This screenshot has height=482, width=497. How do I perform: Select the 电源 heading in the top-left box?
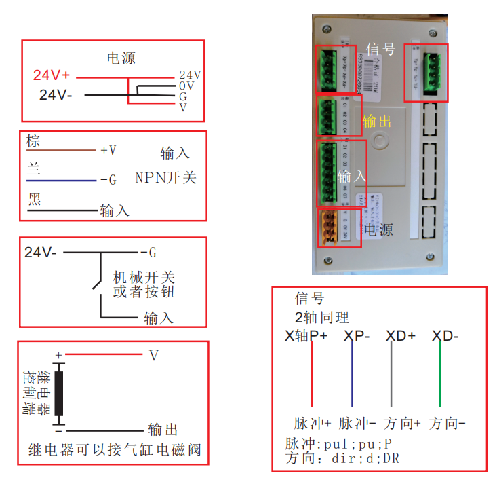click(x=122, y=58)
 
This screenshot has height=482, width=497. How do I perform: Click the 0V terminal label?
click(x=187, y=86)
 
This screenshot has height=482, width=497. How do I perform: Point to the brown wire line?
click(x=61, y=151)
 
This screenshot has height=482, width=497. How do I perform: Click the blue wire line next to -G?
click(x=61, y=181)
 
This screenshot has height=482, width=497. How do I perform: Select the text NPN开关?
click(x=166, y=178)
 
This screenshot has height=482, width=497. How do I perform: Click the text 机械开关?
click(x=144, y=277)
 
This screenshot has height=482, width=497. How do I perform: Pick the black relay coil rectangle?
click(x=60, y=393)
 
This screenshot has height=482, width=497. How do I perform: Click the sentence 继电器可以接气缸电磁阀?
click(x=115, y=450)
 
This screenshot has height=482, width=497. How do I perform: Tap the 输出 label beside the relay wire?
click(x=163, y=430)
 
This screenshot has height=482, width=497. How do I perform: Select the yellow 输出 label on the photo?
click(x=377, y=122)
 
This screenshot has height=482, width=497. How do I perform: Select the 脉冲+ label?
click(x=313, y=423)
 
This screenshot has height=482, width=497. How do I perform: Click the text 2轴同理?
click(x=321, y=316)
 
